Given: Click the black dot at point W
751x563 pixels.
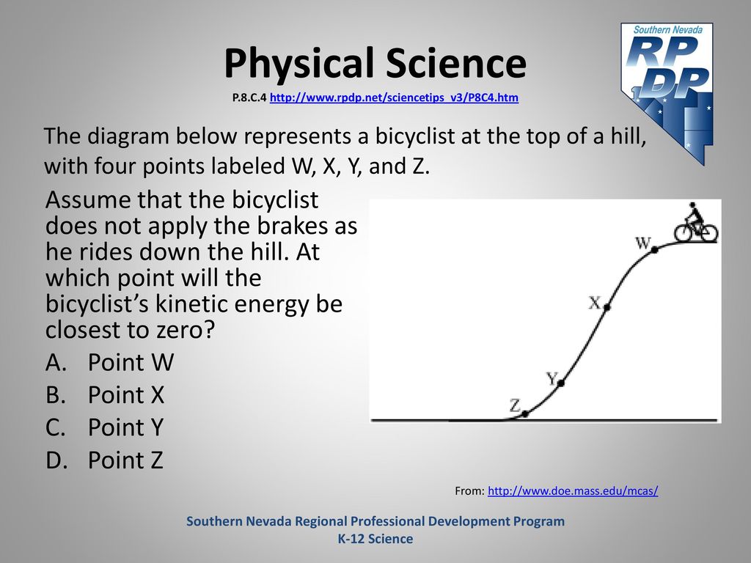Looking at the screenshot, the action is pos(654,249).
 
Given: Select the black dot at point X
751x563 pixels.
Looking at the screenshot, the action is pos(607,307).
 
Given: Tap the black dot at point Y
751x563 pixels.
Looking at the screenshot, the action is pos(561,383).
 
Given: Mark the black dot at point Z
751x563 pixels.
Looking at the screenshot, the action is pos(525,413).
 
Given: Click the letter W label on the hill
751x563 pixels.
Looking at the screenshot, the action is pos(642,243).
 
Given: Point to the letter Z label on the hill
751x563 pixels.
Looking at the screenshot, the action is pos(515,406).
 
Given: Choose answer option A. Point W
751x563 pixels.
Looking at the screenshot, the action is pos(110,362).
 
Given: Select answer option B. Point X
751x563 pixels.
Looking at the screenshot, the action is pos(105,395).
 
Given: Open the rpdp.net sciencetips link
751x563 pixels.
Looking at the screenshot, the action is pos(394,97).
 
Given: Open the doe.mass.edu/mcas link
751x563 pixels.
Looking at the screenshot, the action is pos(573,490).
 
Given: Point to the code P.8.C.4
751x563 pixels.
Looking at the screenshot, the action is pos(249,97).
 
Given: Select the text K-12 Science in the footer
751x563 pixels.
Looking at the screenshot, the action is pos(375,539).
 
